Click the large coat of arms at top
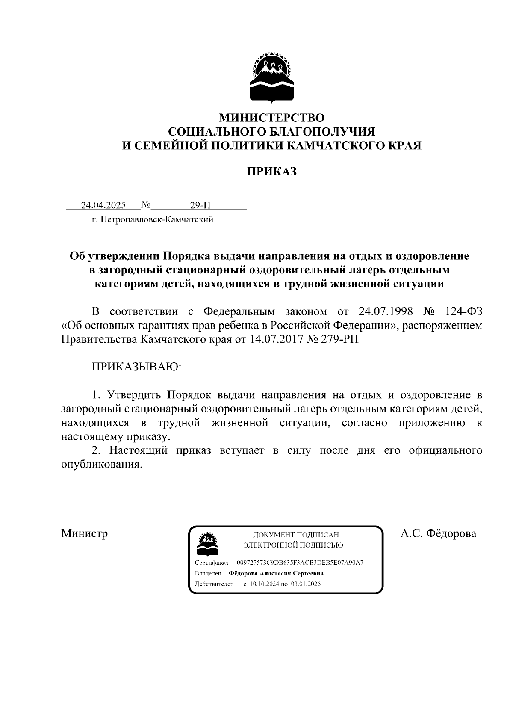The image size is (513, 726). pos(271,77)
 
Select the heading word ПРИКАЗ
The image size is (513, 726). pos(272,172)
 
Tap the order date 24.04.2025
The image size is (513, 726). pos(103,205)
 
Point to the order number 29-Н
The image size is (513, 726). pos(200,205)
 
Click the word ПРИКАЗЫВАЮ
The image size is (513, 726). pos(137,367)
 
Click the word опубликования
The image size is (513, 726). pos(101,465)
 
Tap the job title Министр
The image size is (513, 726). pos(84,533)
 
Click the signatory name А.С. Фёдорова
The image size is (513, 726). pos(438,533)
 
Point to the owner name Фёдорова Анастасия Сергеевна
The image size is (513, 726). pos(276,573)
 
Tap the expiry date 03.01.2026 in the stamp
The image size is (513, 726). pos(305,584)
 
